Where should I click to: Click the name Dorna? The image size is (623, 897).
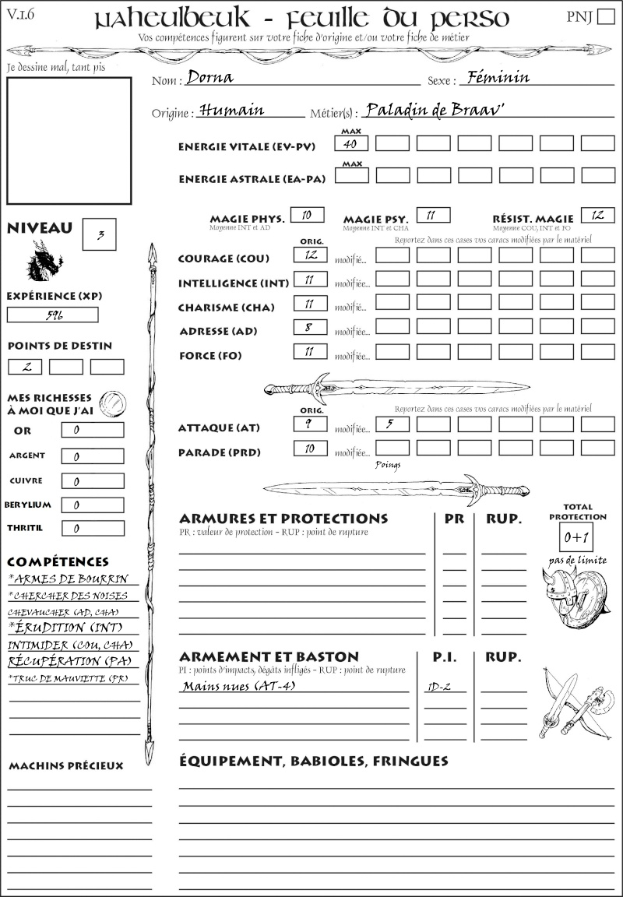coord(209,78)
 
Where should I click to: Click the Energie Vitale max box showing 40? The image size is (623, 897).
coord(351,143)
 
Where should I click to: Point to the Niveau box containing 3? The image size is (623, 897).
coord(99,234)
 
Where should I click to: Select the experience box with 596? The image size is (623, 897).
coord(53,315)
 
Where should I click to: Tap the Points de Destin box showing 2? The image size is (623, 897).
coord(25,366)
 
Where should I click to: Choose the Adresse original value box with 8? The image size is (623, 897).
coord(310,329)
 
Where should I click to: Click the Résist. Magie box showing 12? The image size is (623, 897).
coord(597,215)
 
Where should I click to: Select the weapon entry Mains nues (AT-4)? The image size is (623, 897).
coord(238,686)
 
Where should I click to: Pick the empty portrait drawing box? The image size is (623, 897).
coord(69,140)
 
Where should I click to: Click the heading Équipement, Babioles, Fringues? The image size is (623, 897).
coord(313,760)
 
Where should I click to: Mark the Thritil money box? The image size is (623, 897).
coord(93,529)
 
